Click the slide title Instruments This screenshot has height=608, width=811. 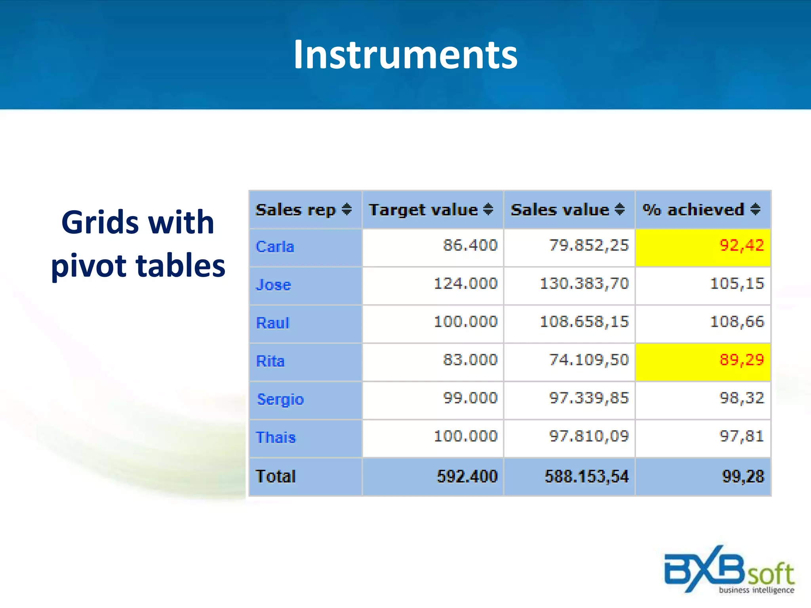coord(405,55)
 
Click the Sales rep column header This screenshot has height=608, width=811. coord(295,209)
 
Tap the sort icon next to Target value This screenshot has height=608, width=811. coord(488,209)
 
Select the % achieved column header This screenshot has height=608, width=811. coord(693,209)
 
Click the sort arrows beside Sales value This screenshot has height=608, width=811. coord(620,209)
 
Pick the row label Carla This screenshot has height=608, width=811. coord(275,247)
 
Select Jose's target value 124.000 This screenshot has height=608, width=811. coord(465,283)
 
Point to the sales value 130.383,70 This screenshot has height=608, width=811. coord(584,283)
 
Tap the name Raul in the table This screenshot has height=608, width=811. coord(273,323)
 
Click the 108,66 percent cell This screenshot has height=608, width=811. coord(737,321)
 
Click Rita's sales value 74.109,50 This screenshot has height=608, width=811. coord(589,360)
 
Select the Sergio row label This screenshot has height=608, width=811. coord(280,399)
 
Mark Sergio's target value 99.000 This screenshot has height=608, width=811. coord(470,398)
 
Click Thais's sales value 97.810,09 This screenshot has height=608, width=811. coord(589,436)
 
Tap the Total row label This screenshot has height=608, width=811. coord(276,476)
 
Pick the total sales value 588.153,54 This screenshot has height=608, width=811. coord(586,476)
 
